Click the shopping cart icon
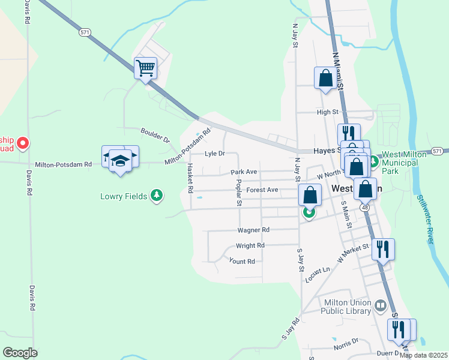coord(145,68)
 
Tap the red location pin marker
coord(22,143)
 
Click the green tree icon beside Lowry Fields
coord(157,195)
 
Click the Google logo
coord(20,352)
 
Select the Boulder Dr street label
coord(155,134)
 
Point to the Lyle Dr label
coord(214,154)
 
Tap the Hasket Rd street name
coord(190,178)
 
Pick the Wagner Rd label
coord(253,229)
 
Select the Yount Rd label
coord(242,261)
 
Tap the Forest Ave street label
coord(262,190)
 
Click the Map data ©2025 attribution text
coord(423,355)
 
